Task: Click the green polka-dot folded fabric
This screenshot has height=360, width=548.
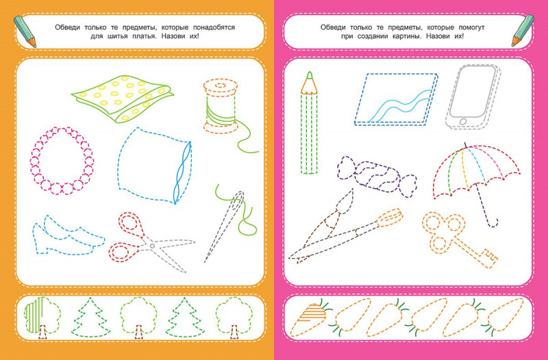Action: [x=123, y=98]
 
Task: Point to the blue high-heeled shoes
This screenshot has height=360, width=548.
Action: [x=68, y=235]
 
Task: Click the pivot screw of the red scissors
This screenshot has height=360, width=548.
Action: [x=152, y=246]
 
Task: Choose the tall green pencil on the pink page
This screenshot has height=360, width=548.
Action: [x=309, y=123]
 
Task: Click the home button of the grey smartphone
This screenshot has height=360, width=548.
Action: [x=463, y=122]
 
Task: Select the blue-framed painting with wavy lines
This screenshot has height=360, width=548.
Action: [x=396, y=99]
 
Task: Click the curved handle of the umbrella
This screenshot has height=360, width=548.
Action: [x=492, y=222]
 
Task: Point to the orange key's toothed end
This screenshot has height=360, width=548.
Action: [x=489, y=260]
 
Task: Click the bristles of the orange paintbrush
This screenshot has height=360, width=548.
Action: [x=390, y=216]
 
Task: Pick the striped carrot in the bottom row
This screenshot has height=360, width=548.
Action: [x=310, y=319]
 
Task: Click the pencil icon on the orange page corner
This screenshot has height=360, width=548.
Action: [x=25, y=31]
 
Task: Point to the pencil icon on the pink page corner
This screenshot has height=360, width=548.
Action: [x=523, y=31]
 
